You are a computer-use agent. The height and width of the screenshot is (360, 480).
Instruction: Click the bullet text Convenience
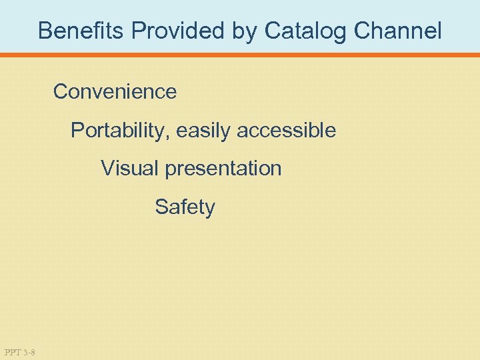(x=115, y=91)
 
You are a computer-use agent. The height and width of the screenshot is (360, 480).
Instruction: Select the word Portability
(x=122, y=130)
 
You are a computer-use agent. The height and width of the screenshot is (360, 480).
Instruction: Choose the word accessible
(x=287, y=130)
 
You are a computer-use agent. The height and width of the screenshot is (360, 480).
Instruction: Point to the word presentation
(x=223, y=169)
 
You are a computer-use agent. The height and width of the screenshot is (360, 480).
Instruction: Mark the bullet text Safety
(x=185, y=207)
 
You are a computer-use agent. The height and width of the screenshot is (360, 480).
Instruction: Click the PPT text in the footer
(x=11, y=351)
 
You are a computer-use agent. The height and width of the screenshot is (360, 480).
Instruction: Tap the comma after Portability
(x=173, y=136)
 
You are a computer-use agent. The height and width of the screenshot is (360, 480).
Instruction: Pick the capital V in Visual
(x=107, y=169)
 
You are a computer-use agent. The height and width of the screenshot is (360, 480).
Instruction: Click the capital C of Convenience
(x=61, y=91)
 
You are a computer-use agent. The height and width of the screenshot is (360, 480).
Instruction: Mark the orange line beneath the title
(x=240, y=55)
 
